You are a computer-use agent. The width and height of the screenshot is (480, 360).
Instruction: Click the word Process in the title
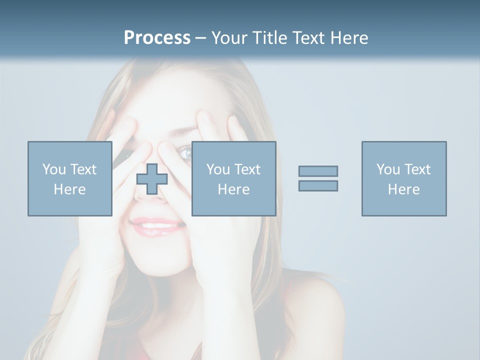(x=157, y=38)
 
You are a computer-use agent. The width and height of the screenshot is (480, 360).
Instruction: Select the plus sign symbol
(x=152, y=179)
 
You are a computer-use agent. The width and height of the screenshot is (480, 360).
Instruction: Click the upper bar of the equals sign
(x=318, y=171)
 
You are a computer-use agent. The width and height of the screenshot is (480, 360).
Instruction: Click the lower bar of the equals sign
(x=318, y=185)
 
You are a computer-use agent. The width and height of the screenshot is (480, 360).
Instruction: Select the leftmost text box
(x=69, y=178)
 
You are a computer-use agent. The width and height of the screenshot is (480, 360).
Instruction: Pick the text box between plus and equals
(x=233, y=178)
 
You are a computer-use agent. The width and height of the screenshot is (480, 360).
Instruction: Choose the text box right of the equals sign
(x=403, y=178)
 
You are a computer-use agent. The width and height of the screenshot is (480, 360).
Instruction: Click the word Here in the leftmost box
(x=69, y=189)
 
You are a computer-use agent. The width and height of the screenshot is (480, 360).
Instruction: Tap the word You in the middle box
(x=218, y=169)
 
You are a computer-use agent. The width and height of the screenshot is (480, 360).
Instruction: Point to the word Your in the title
(x=229, y=38)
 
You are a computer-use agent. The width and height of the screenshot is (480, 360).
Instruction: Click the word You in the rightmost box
(x=388, y=169)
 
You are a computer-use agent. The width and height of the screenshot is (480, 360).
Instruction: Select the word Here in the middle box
(x=233, y=189)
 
